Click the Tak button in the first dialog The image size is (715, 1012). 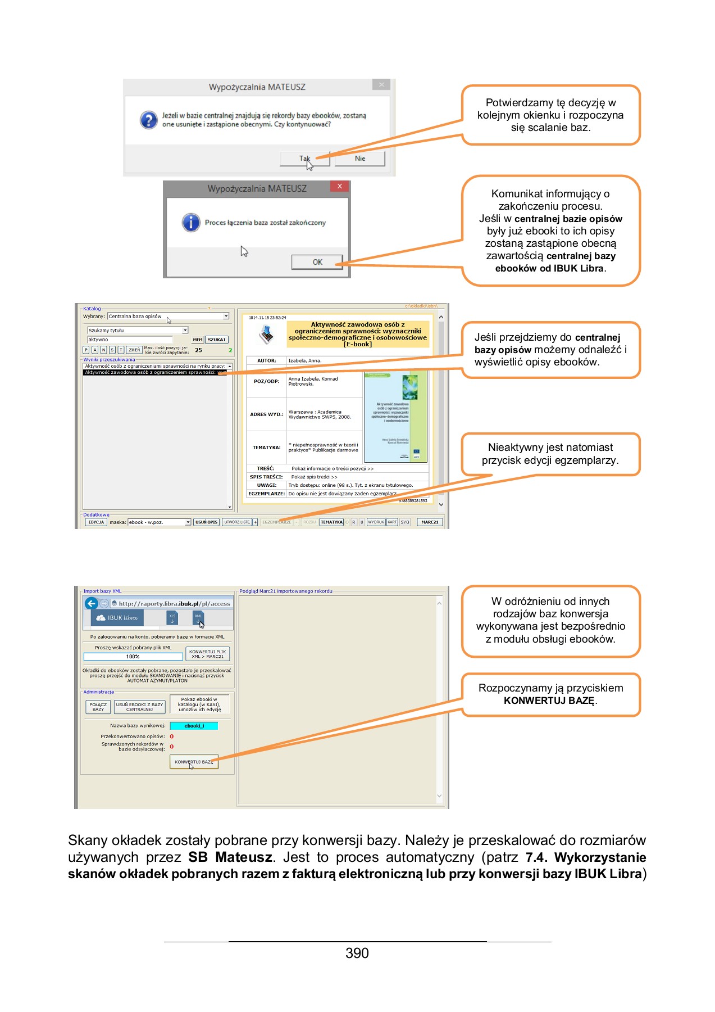304,159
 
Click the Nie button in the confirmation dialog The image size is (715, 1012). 359,159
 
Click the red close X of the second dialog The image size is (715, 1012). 339,186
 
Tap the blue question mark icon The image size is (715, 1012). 149,120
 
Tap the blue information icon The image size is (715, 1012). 191,222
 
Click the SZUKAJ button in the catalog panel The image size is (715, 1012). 216,340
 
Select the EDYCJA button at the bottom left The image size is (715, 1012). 96,522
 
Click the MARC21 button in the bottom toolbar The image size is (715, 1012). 430,522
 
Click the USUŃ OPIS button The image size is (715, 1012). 206,522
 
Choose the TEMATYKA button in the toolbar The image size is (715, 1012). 331,522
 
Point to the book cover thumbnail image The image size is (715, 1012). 395,417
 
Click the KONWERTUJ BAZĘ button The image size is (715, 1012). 194,762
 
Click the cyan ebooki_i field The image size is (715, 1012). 194,726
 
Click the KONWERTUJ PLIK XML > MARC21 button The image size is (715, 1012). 207,654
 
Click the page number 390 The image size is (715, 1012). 357,953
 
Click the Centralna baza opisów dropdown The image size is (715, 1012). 168,317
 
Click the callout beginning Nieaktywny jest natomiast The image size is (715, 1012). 550,454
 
